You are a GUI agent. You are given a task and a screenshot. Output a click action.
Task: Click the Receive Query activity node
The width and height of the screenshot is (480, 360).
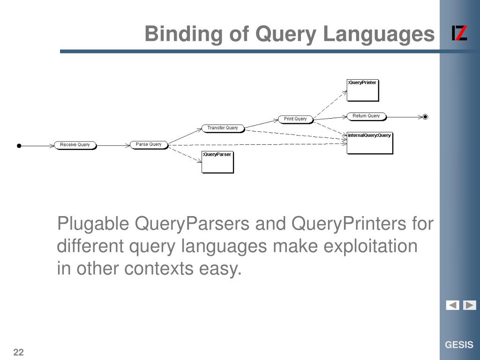75,145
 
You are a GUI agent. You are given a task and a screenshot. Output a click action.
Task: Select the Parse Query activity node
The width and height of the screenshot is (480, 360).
149,144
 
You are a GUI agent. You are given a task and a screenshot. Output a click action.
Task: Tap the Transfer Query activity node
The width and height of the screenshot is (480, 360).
223,128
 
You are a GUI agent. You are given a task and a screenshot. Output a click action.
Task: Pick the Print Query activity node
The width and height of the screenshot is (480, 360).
295,119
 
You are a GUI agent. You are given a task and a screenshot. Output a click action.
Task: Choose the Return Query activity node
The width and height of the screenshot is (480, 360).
366,116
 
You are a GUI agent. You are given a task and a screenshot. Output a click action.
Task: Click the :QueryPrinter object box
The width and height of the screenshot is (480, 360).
362,90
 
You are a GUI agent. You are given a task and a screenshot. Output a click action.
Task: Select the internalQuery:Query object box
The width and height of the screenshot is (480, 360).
369,143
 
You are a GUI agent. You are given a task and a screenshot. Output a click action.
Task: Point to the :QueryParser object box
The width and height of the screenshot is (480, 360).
217,162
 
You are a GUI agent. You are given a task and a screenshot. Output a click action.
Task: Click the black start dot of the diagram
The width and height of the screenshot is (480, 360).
19,146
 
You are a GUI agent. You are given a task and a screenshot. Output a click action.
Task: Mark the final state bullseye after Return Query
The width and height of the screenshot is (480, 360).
425,117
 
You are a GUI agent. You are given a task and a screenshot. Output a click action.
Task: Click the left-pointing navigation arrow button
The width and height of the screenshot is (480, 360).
452,305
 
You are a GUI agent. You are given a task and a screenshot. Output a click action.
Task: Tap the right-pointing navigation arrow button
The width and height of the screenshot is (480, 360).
470,305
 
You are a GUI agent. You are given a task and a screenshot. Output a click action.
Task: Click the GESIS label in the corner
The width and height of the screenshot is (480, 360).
459,345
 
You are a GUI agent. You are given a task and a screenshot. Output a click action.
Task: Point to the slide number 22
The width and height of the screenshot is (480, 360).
19,352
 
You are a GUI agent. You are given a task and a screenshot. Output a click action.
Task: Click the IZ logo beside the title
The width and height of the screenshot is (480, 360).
459,34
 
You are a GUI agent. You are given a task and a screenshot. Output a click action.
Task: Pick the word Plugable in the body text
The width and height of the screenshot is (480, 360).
93,224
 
